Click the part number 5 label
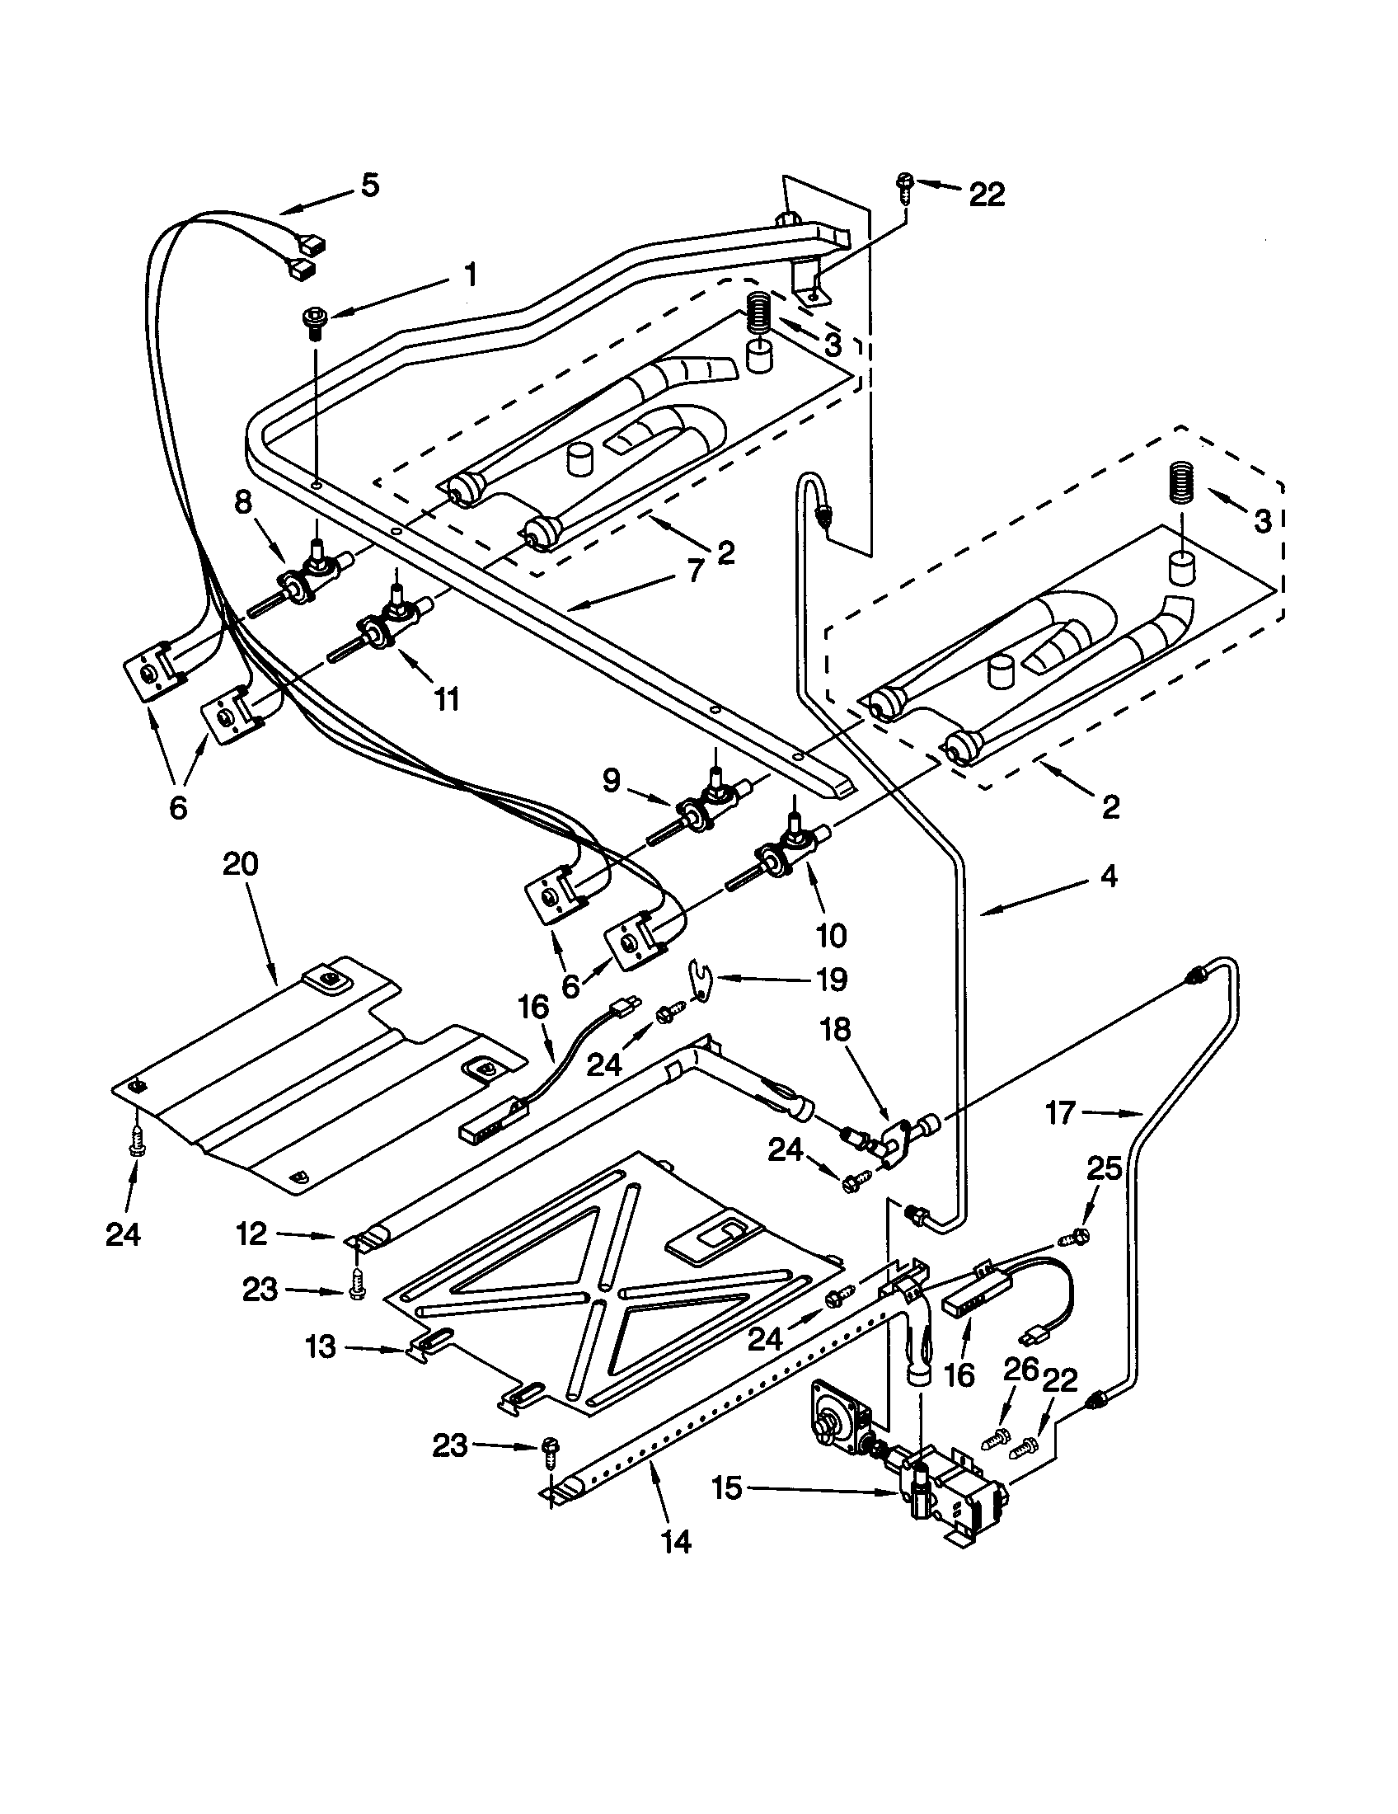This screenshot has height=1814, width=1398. click(x=370, y=185)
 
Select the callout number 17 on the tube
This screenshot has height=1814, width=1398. click(x=1060, y=1112)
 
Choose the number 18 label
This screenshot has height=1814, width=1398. click(x=836, y=1030)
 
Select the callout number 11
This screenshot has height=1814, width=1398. click(x=446, y=700)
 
